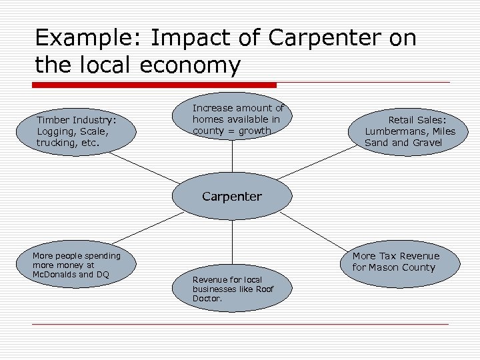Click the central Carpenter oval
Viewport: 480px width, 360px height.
coord(232,197)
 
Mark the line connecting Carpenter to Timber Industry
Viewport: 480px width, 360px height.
coord(143,167)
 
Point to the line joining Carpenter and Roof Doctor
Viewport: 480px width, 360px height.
coord(232,243)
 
